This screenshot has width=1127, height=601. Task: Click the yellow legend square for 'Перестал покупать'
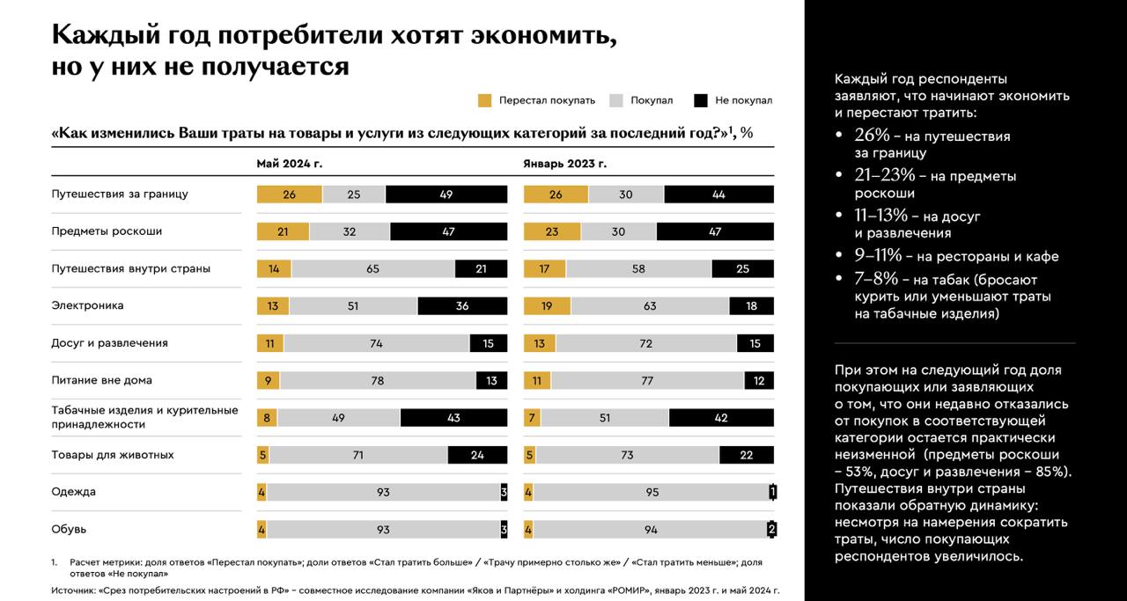pyautogui.click(x=484, y=100)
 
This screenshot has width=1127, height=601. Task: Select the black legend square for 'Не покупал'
pyautogui.click(x=701, y=100)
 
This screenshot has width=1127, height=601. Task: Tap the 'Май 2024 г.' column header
pyautogui.click(x=289, y=164)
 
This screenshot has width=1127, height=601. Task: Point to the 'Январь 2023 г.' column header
pyautogui.click(x=564, y=164)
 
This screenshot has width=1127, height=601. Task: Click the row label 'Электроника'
pyautogui.click(x=87, y=305)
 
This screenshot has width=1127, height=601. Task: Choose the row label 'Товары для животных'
pyautogui.click(x=112, y=455)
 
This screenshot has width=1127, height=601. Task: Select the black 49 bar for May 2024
pyautogui.click(x=446, y=194)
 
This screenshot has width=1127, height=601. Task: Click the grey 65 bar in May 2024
pyautogui.click(x=373, y=269)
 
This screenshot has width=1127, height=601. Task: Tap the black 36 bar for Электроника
pyautogui.click(x=463, y=306)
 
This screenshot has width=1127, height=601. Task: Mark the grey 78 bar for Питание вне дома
pyautogui.click(x=378, y=381)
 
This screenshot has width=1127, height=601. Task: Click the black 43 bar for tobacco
pyautogui.click(x=453, y=418)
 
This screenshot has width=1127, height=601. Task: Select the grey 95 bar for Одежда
pyautogui.click(x=652, y=493)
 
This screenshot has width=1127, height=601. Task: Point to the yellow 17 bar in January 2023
pyautogui.click(x=544, y=269)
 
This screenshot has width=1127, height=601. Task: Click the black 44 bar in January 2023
pyautogui.click(x=718, y=194)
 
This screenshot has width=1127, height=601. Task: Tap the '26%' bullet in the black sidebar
pyautogui.click(x=873, y=136)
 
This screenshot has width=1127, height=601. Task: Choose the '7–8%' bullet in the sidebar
pyautogui.click(x=876, y=278)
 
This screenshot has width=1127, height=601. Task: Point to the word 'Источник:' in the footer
pyautogui.click(x=75, y=590)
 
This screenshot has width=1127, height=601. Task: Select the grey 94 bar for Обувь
pyautogui.click(x=651, y=530)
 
